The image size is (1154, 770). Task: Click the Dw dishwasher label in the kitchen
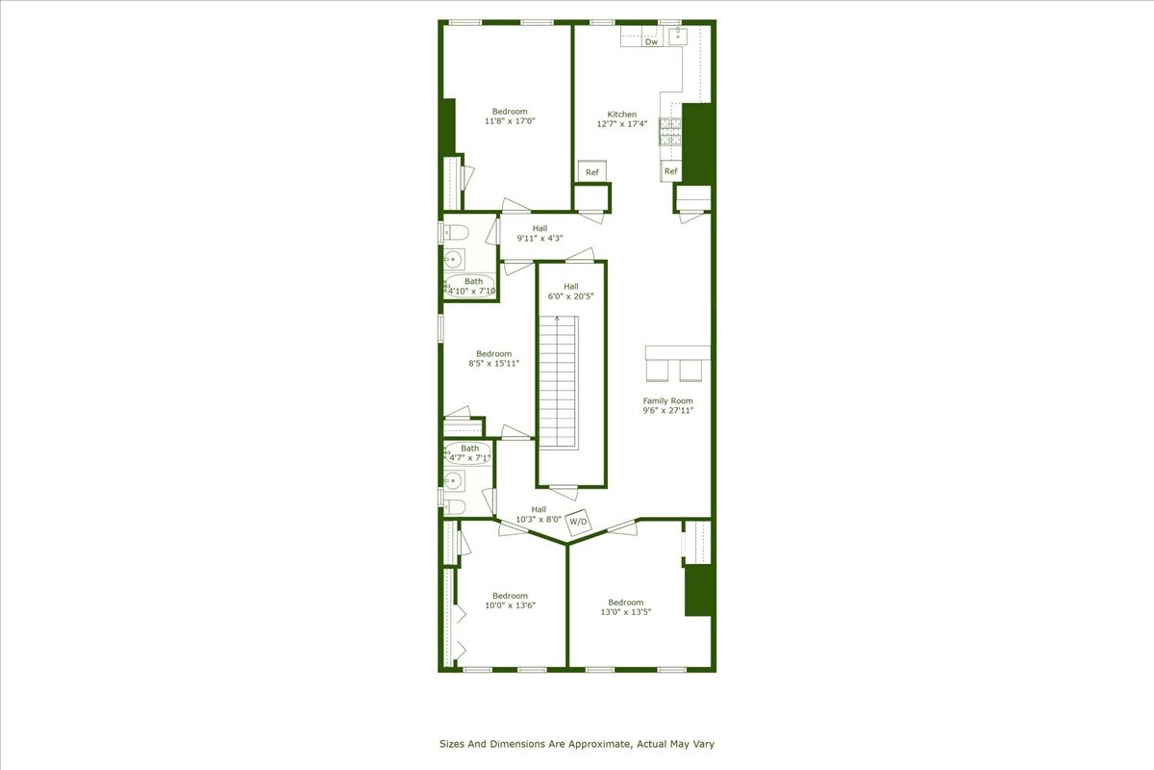[x=651, y=41]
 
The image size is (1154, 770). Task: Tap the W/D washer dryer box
[x=578, y=522]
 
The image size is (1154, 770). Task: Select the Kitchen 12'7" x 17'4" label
[x=621, y=119]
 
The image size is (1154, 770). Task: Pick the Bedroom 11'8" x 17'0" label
[x=509, y=116]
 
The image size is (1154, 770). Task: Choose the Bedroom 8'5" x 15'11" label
[x=489, y=359]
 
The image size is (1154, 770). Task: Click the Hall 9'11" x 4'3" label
[x=539, y=233]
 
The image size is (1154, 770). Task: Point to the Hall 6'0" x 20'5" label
[x=571, y=291]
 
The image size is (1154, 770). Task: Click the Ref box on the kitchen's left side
[x=591, y=172]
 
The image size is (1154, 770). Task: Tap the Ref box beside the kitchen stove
[x=670, y=171]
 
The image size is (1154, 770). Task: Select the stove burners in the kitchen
[x=669, y=131]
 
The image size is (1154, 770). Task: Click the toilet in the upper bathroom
[x=454, y=232]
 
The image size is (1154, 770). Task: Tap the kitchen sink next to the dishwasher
[x=678, y=37]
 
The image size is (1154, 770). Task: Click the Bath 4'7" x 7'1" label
[x=469, y=453]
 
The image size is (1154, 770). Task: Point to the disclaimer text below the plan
[x=577, y=744]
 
